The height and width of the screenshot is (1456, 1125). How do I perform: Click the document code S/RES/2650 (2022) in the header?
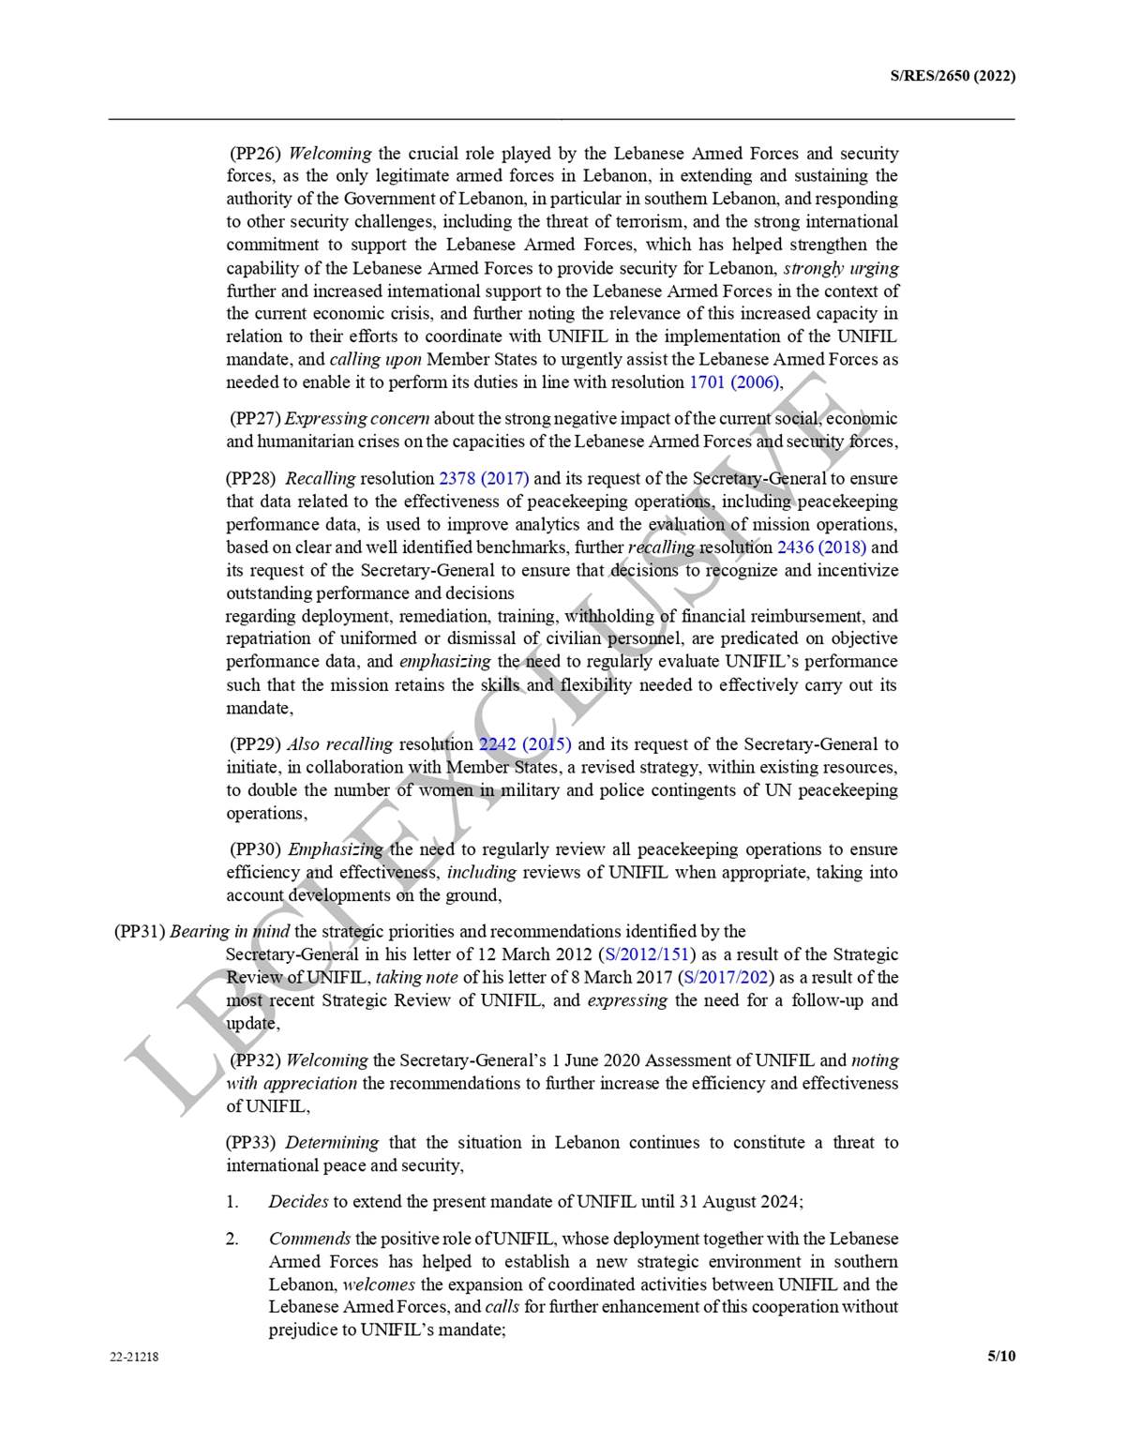[x=952, y=76]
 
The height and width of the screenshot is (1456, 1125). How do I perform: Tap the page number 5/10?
[x=1001, y=1356]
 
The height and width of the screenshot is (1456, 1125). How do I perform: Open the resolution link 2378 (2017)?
[x=484, y=478]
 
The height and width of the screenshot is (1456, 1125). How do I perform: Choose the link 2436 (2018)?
[x=821, y=548]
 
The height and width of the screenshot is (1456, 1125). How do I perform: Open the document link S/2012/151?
[x=647, y=954]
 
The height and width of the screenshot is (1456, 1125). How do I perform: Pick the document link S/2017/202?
[x=727, y=978]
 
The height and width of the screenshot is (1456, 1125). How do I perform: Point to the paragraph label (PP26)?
[x=256, y=153]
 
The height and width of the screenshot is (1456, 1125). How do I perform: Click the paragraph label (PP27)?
[x=255, y=418]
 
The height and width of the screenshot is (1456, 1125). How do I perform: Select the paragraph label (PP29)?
[x=255, y=744]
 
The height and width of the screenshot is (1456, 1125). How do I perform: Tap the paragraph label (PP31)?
[x=140, y=931]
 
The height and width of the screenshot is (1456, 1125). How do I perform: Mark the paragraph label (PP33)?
[x=250, y=1142]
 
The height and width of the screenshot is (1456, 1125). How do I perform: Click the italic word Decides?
[x=298, y=1201]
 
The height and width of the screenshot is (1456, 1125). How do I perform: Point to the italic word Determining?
[x=332, y=1142]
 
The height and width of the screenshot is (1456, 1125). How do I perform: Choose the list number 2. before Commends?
[x=232, y=1238]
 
